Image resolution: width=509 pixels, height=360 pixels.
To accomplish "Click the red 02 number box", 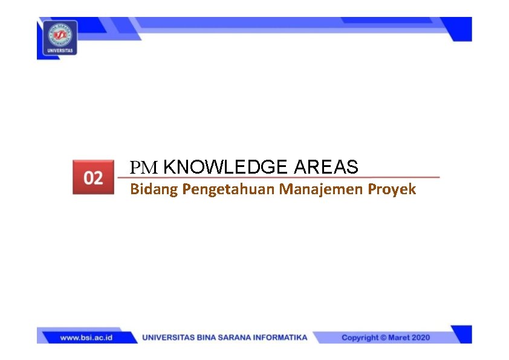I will tap(93, 177).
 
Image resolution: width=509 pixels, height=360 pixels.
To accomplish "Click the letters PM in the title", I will tap(143, 167).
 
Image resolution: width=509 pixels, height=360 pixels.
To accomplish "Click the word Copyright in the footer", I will tap(360, 338).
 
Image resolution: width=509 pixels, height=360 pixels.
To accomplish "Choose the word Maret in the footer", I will tap(399, 338).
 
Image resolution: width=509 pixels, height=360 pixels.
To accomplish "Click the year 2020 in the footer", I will tap(421, 338).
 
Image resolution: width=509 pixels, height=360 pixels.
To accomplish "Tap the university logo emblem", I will tap(60, 34).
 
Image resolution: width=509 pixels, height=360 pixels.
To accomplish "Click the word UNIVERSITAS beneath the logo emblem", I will tap(60, 51).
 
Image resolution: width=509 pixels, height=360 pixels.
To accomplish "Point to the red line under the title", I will tap(278, 177).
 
